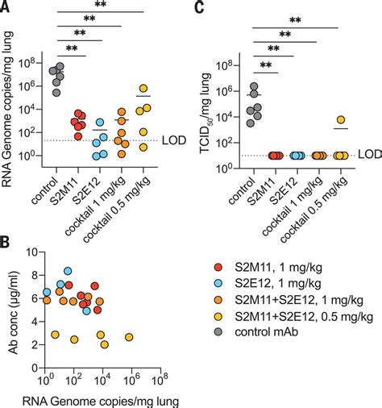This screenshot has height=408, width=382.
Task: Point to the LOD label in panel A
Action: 172,140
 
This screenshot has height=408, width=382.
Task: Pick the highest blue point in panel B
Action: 69,272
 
